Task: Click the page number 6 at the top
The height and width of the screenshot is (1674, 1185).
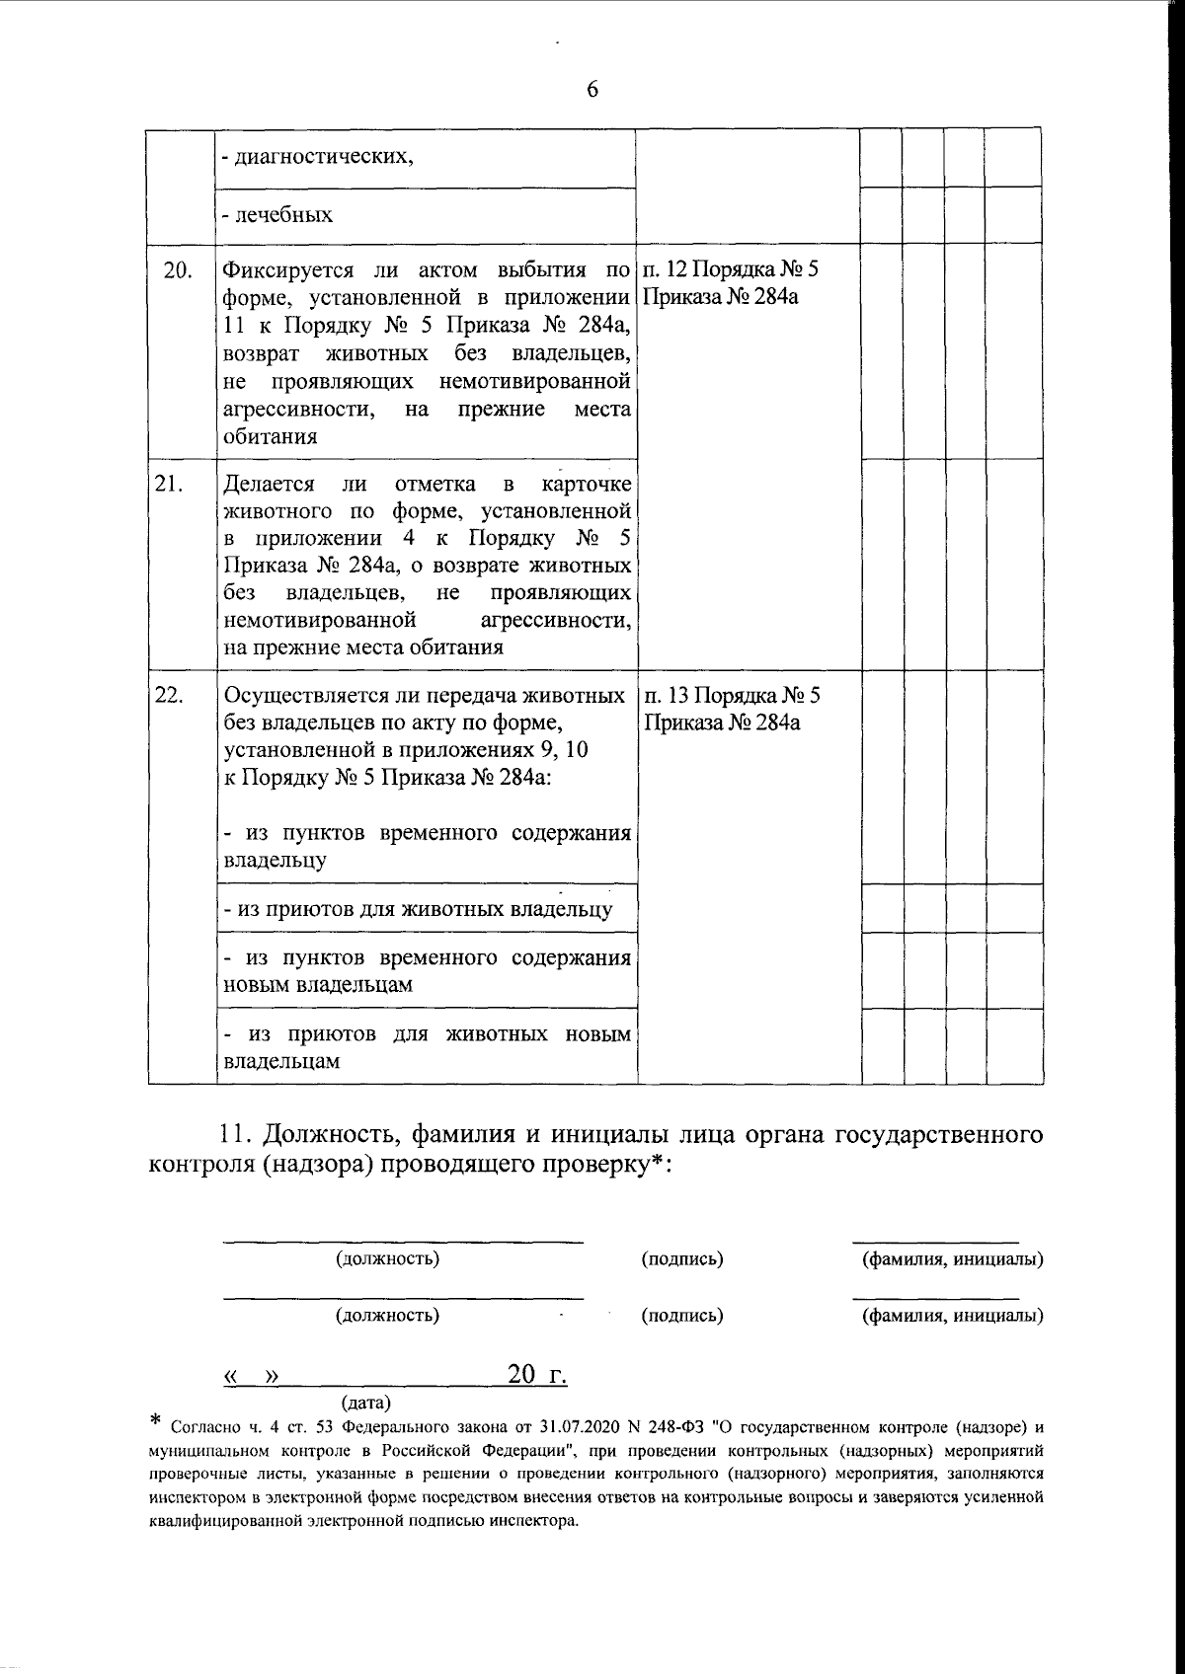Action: click(x=592, y=90)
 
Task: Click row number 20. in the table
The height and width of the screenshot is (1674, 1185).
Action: click(x=177, y=270)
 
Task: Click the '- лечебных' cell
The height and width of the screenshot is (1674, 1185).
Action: click(x=278, y=214)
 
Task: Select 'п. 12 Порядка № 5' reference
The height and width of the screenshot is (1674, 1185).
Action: click(x=732, y=270)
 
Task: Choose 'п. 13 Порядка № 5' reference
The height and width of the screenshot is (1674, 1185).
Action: click(x=733, y=696)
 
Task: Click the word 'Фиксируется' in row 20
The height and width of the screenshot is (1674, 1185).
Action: click(x=285, y=270)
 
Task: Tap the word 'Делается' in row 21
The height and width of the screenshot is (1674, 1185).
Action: click(x=270, y=485)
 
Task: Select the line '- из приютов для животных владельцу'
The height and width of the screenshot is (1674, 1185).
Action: click(x=419, y=909)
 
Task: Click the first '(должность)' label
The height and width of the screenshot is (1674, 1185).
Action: click(x=388, y=1259)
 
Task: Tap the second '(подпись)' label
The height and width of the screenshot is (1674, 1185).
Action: click(x=682, y=1316)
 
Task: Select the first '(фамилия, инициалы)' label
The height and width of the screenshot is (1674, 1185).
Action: click(x=953, y=1259)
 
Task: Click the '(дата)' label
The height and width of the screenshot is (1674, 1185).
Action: click(x=365, y=1402)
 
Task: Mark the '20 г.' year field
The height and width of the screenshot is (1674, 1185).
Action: click(x=536, y=1375)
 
